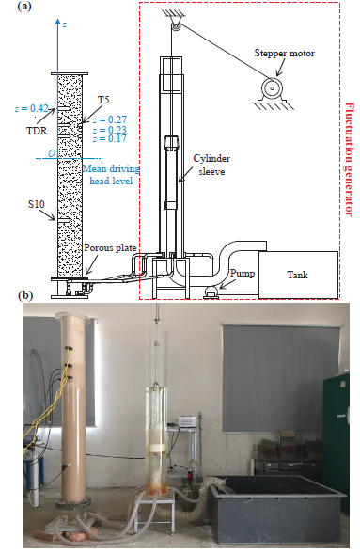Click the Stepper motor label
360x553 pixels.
(284, 54)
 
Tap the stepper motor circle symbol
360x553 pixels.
(273, 88)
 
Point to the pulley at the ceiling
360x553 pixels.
(175, 25)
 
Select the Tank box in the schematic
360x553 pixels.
(298, 275)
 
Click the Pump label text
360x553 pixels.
(243, 274)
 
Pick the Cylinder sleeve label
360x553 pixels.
(211, 165)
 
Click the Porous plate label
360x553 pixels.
(110, 248)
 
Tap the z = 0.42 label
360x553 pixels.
(31, 109)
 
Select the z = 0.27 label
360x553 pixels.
(110, 120)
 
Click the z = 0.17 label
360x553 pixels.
(110, 138)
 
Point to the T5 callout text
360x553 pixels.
(103, 100)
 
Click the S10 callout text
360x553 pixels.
(37, 204)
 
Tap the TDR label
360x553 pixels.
(37, 131)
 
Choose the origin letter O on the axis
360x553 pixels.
(52, 153)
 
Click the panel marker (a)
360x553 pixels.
(24, 7)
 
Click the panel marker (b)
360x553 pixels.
(25, 295)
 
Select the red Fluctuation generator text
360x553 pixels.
(349, 159)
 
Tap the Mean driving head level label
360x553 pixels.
(111, 175)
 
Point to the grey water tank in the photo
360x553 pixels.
(278, 508)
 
